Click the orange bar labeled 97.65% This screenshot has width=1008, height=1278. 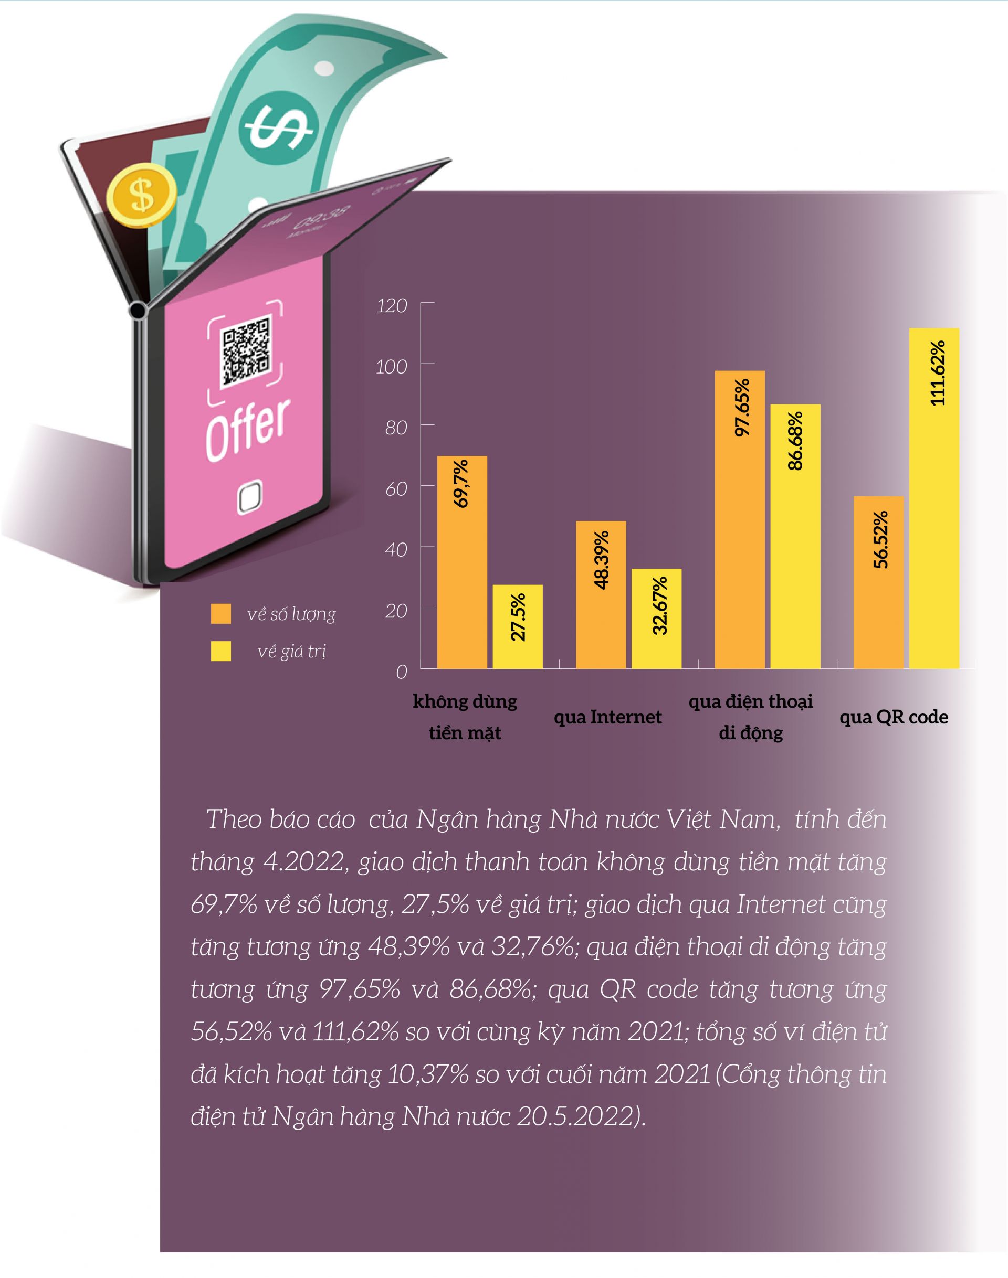[740, 519]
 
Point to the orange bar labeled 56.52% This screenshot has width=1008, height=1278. [878, 581]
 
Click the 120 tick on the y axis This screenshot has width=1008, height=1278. [392, 305]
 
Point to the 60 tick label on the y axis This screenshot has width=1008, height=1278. [396, 488]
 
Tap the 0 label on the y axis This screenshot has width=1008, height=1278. [401, 671]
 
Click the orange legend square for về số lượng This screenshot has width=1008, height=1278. [220, 613]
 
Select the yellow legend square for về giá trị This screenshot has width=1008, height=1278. [220, 651]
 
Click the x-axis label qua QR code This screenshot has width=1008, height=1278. [894, 717]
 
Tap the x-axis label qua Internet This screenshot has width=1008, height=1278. [607, 717]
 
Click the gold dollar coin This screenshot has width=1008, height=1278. [142, 195]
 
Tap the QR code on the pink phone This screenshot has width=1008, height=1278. [246, 352]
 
